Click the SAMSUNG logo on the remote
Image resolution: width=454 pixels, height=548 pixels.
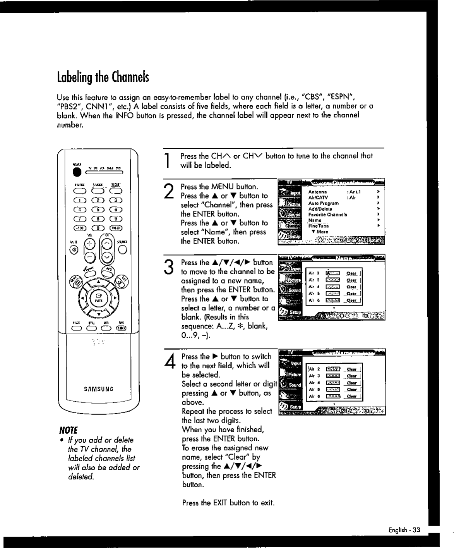[98, 388]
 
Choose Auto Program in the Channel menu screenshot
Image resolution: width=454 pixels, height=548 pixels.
[323, 203]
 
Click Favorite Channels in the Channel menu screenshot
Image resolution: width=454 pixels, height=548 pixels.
[327, 214]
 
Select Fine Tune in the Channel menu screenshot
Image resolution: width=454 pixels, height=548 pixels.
[319, 226]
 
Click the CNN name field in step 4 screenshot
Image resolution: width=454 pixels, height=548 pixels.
[333, 369]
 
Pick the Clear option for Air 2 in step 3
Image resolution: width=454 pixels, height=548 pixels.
[351, 273]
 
